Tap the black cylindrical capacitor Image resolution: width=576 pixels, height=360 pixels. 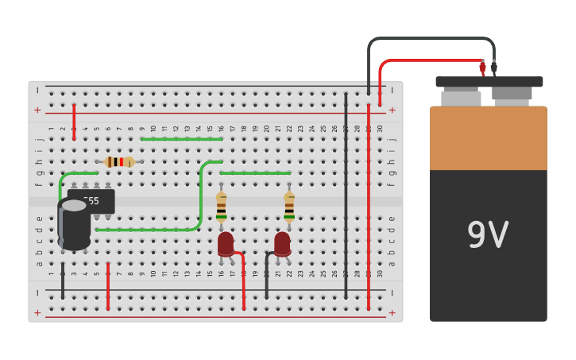(74, 226)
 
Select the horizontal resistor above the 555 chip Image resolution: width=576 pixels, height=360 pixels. (118, 162)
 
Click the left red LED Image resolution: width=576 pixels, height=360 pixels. (226, 242)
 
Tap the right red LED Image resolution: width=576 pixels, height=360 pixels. (282, 242)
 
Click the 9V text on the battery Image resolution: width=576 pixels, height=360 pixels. (488, 235)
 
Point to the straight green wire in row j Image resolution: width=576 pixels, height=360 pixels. (181, 139)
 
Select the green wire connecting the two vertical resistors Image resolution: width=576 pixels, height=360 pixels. (255, 173)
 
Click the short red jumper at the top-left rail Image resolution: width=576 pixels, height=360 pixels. (74, 122)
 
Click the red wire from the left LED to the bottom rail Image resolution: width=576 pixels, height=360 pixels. (243, 282)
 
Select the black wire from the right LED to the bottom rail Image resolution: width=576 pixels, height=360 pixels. (267, 278)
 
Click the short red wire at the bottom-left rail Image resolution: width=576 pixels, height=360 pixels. (108, 286)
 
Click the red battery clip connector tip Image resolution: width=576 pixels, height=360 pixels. (482, 68)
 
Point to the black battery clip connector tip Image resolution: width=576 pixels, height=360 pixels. (494, 68)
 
